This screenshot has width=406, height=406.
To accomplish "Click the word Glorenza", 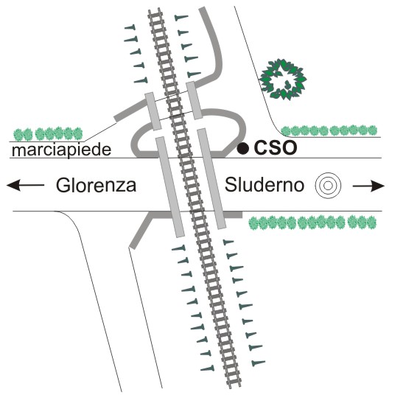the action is coord(96,185).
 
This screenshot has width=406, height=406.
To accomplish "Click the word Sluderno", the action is coord(265,185).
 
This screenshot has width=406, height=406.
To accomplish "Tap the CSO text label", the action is coord(276,148).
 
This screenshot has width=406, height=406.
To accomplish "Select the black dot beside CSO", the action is coord(243,149).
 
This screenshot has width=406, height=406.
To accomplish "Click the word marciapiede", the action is coord(62,150).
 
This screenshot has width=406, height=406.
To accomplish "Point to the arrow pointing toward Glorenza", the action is coord(25,185).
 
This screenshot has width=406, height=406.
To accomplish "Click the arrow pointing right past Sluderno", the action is coord(368,186).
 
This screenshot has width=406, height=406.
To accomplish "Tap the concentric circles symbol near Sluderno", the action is coord(328,186).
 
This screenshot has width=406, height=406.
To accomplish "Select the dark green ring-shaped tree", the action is coord(284,79).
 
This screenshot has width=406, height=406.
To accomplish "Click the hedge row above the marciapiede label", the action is coord(48,133).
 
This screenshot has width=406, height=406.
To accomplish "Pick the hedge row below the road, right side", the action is coord(312,223).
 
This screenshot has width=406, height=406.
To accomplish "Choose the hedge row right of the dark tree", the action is coord(329,130).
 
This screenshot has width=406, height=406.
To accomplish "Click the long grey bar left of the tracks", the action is coord(170,187).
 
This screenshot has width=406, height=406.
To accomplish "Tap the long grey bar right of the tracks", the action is coord(211,178).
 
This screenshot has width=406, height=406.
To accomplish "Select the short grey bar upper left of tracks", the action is coord(153,111).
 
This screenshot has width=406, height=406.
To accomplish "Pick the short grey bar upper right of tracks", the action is coord(195,100).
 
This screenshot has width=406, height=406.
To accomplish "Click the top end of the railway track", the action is coord(155,10).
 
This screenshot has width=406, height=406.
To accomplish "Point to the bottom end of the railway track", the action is coord(234,385).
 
